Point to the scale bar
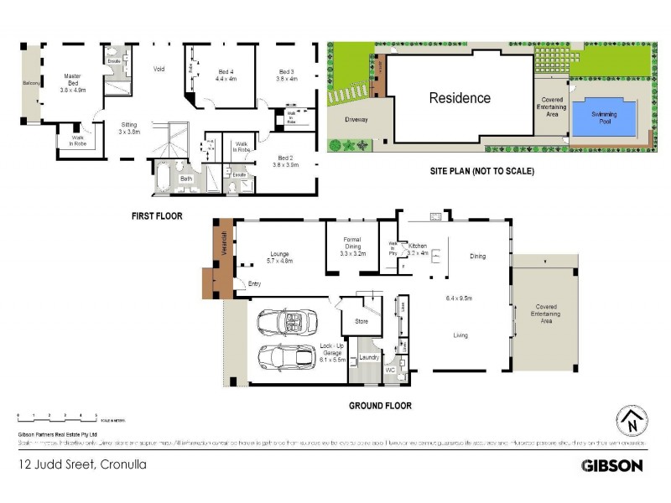(56, 416)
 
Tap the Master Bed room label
(77, 80)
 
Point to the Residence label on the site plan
(460, 98)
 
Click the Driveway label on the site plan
(356, 119)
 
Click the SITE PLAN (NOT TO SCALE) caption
(471, 171)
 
